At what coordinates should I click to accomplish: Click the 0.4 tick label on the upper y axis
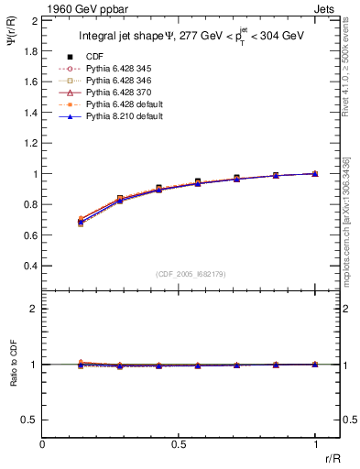31,266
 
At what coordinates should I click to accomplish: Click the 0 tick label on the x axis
43,443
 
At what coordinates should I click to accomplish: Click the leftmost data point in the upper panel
82,221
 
